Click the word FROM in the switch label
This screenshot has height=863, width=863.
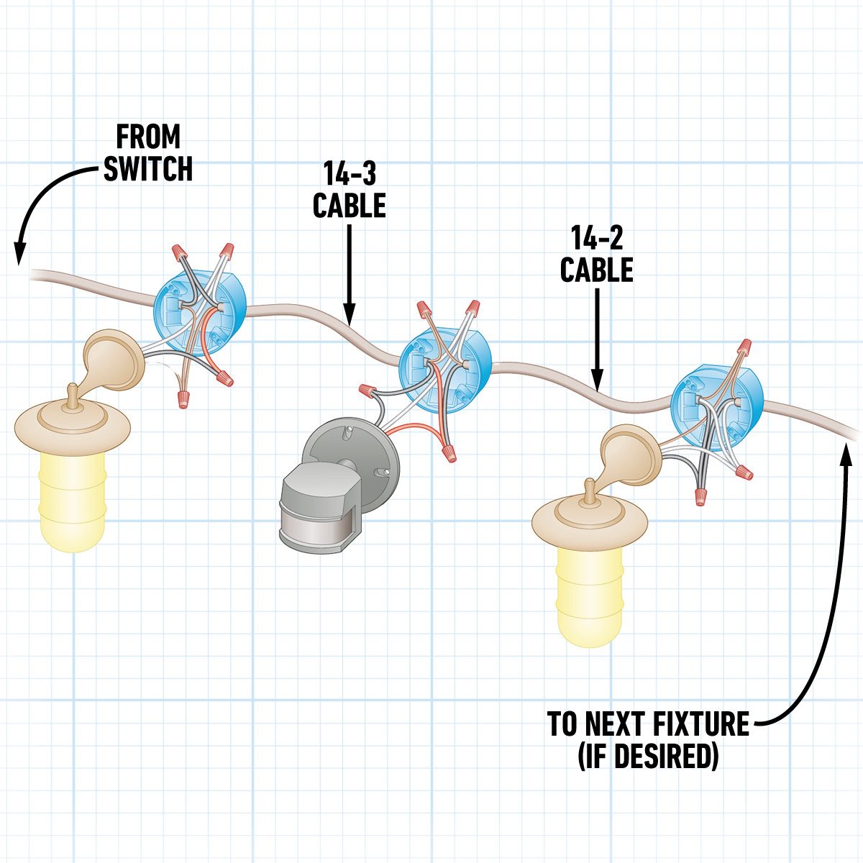coord(148,136)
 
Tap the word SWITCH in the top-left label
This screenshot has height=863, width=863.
coord(148,169)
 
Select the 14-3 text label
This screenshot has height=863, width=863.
coord(349,173)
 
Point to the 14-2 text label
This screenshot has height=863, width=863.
coord(596,237)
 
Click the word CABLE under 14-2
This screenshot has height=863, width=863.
coord(596,270)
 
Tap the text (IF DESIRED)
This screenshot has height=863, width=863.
coord(648,757)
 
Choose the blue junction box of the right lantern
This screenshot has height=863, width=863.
coord(715,406)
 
